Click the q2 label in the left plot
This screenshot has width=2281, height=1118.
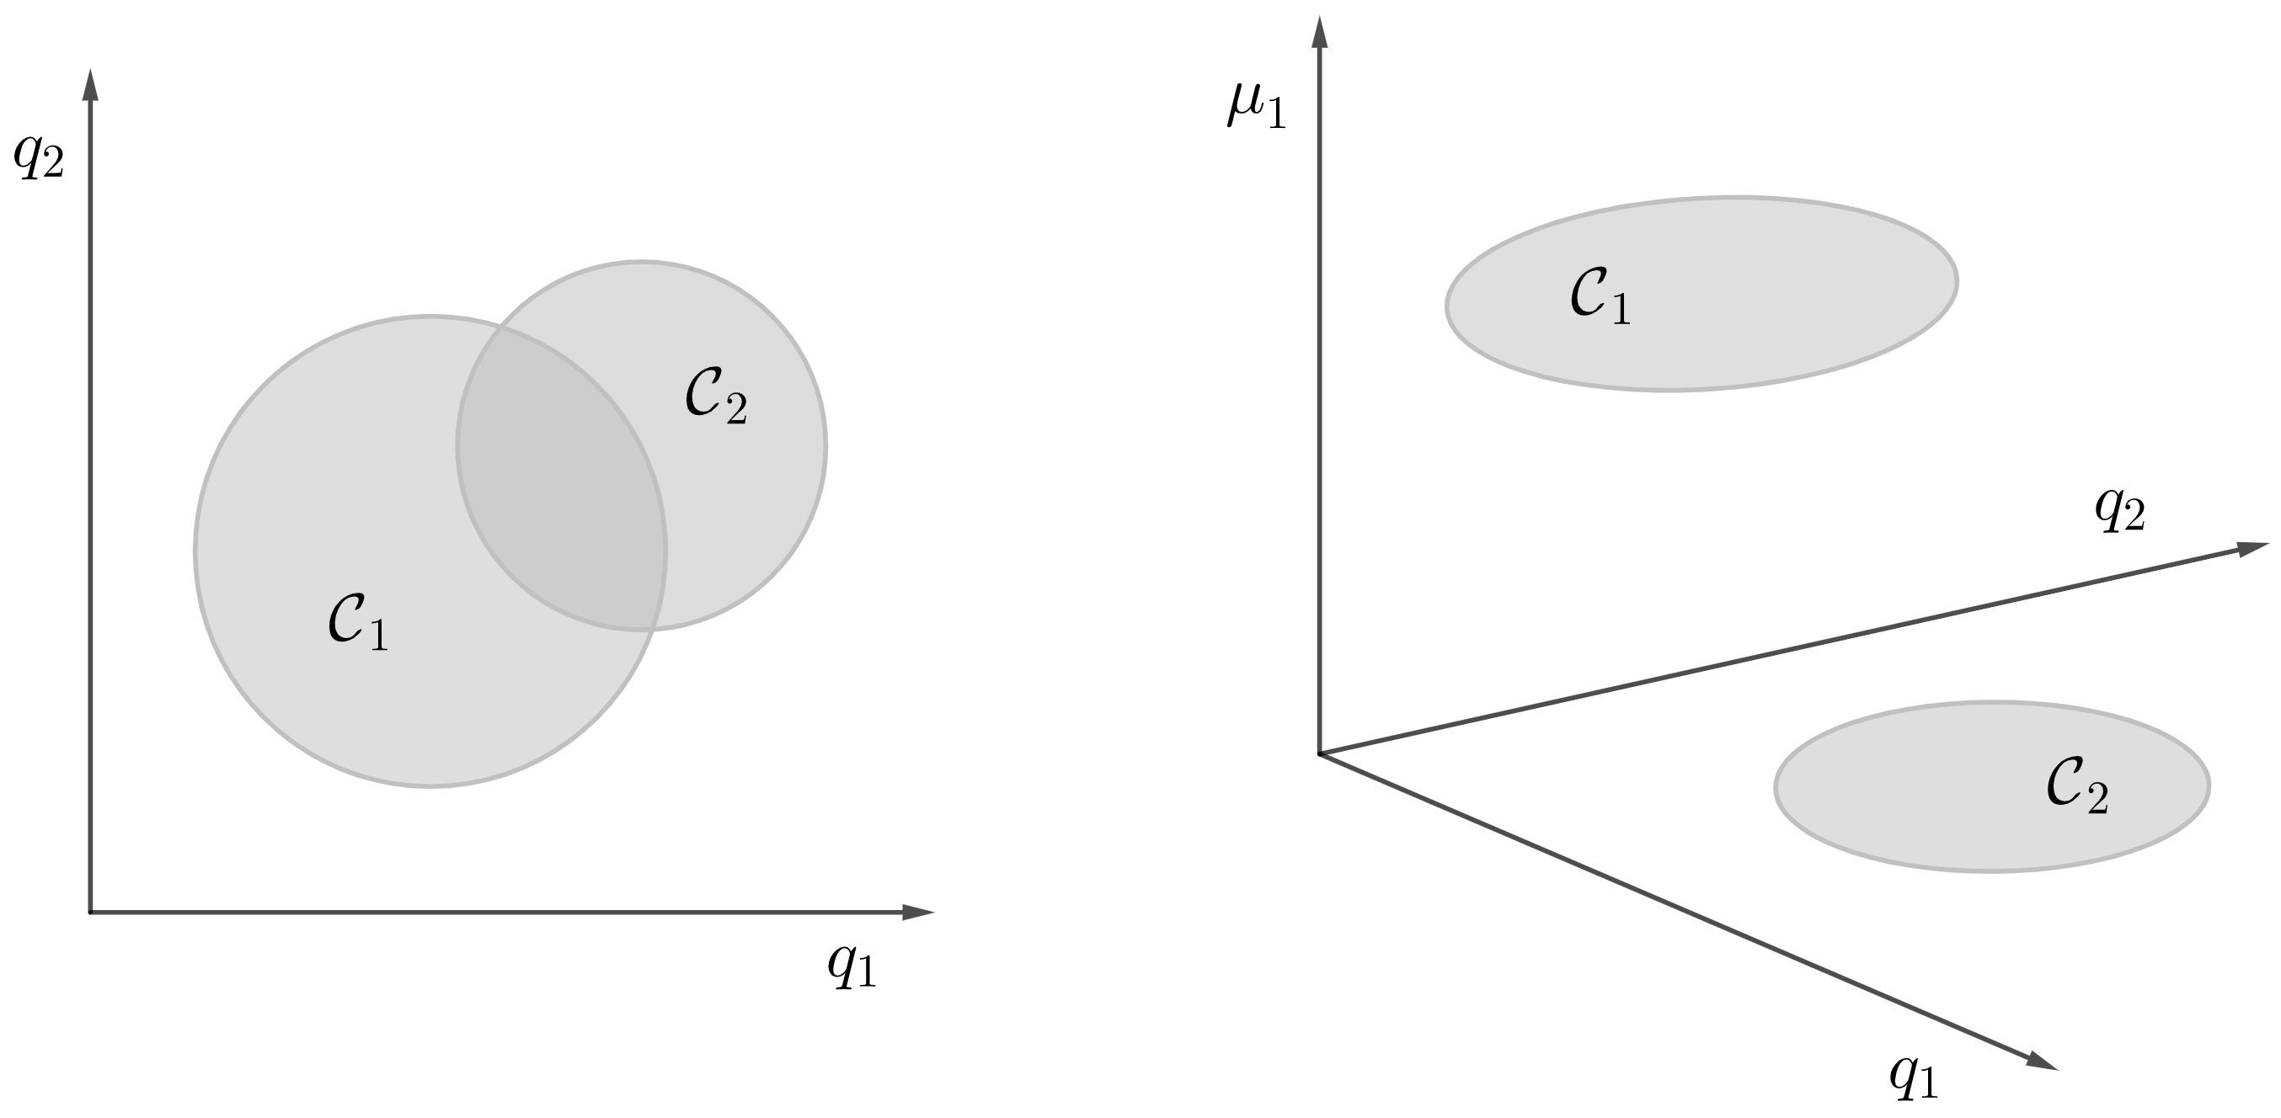coord(39,157)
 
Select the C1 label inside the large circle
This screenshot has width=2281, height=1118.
coord(358,622)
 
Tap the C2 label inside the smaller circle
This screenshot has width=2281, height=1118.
coord(716,396)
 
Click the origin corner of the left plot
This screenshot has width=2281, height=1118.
coord(90,912)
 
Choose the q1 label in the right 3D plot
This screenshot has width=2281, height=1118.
coord(1914,1076)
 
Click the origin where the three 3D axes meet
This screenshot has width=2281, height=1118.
coord(1320,754)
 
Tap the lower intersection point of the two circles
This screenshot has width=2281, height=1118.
coord(654,629)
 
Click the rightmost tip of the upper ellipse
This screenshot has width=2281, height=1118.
coord(1957,280)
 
